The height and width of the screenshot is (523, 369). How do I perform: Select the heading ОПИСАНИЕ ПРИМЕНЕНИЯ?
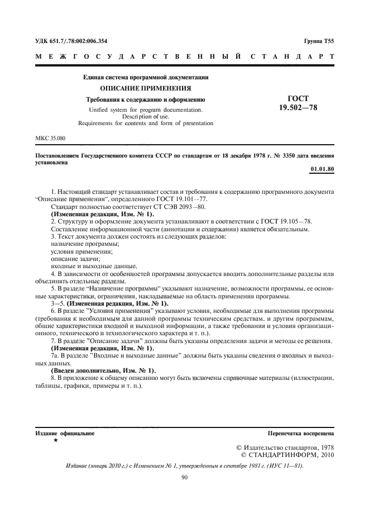145,88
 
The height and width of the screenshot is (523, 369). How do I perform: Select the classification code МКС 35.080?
50,137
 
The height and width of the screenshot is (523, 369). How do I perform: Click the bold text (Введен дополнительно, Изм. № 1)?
103,371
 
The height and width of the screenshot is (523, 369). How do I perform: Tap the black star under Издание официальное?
55,440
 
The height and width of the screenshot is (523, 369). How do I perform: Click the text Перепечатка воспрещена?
301,433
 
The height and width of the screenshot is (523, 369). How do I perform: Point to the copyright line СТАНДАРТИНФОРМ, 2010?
287,455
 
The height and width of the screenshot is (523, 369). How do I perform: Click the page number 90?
184,477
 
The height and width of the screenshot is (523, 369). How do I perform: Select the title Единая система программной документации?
146,77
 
